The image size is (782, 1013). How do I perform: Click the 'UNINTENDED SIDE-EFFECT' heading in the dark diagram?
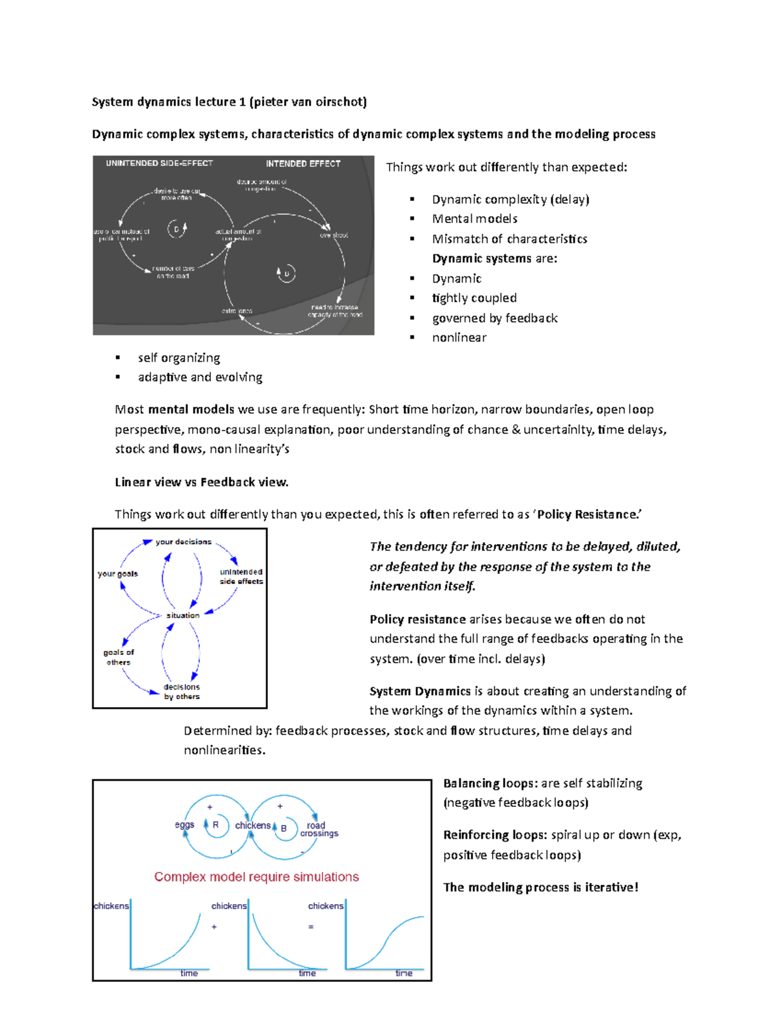159,163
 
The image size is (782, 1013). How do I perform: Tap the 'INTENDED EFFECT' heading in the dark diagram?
303,164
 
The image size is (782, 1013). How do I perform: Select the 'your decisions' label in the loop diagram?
183,542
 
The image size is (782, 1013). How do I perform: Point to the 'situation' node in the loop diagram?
182,615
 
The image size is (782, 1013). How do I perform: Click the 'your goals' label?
118,574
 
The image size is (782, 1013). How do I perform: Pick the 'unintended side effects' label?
241,577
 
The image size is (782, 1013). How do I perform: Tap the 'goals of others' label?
119,657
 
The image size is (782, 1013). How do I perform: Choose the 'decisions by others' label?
182,691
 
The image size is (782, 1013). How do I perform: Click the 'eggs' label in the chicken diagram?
184,825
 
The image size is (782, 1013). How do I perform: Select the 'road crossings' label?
319,829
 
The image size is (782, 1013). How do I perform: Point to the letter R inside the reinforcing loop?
216,825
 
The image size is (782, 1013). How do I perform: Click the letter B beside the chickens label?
283,828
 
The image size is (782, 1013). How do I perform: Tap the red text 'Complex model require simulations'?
256,877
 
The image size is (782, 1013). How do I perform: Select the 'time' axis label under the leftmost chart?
189,973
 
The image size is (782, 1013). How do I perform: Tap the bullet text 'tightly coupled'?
474,298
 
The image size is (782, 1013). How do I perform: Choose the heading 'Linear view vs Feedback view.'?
201,482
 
